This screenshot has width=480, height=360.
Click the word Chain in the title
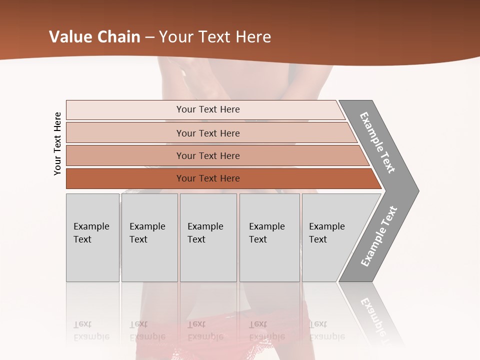pyautogui.click(x=118, y=37)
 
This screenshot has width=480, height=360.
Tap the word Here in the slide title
pyautogui.click(x=253, y=37)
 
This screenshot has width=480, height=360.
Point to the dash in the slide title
pyautogui.click(x=149, y=37)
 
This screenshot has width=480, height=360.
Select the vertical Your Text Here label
pyautogui.click(x=57, y=143)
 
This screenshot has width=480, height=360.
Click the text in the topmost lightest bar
pyautogui.click(x=208, y=109)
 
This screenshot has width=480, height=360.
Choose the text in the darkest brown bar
pyautogui.click(x=208, y=178)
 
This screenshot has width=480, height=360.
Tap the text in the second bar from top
pyautogui.click(x=208, y=133)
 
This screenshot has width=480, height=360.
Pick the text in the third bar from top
pyautogui.click(x=208, y=156)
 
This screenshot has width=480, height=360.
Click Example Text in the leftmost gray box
pyautogui.click(x=91, y=233)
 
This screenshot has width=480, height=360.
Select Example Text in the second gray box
pyautogui.click(x=147, y=233)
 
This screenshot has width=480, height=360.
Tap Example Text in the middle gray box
pyautogui.click(x=205, y=233)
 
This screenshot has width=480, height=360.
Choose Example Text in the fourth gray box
pyautogui.click(x=266, y=233)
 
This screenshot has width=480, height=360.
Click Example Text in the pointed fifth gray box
pyautogui.click(x=326, y=233)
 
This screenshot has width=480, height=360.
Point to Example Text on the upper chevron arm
pyautogui.click(x=377, y=142)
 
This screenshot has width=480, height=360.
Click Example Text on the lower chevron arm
pyautogui.click(x=379, y=236)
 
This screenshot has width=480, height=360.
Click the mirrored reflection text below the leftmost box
pyautogui.click(x=91, y=330)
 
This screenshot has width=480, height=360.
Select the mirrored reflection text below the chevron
pyautogui.click(x=372, y=315)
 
